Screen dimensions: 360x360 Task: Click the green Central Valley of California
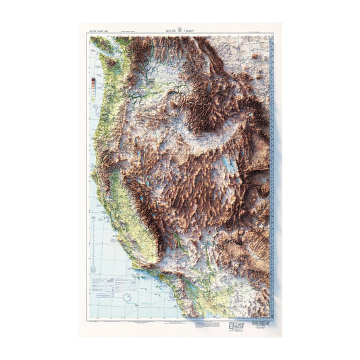tap(122, 196)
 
